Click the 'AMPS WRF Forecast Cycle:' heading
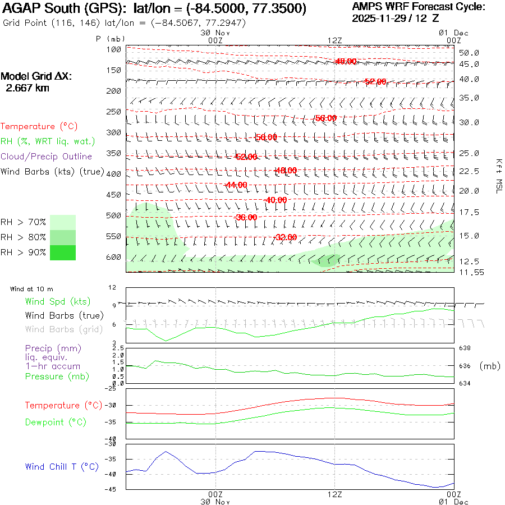[419, 7]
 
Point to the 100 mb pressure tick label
[114, 49]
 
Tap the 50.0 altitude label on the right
[469, 53]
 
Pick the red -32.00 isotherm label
[285, 237]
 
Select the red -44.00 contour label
[235, 185]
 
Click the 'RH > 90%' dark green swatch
[63, 252]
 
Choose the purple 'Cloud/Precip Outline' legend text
[47, 157]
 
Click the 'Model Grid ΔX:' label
[36, 77]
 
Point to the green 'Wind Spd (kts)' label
[57, 302]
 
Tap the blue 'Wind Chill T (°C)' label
[62, 466]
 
